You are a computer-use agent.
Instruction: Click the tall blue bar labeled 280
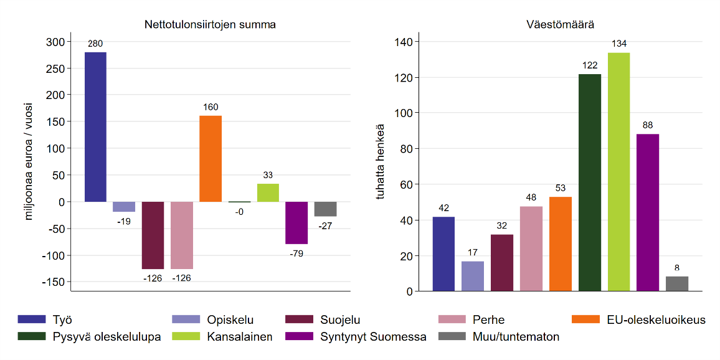click(95, 127)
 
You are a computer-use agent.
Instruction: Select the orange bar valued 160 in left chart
click(211, 159)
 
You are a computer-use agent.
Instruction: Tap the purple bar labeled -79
click(297, 222)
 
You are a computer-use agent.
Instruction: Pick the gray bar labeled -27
click(326, 209)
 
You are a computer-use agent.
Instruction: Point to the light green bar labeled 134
click(618, 172)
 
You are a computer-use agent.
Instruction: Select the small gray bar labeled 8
click(677, 283)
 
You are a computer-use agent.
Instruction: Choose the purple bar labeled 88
click(648, 212)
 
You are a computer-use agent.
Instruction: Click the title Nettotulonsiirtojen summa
click(211, 25)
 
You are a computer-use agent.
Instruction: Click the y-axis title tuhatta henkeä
click(382, 163)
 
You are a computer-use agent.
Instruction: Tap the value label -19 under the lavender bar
click(124, 221)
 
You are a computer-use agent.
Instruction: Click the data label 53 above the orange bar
click(561, 188)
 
